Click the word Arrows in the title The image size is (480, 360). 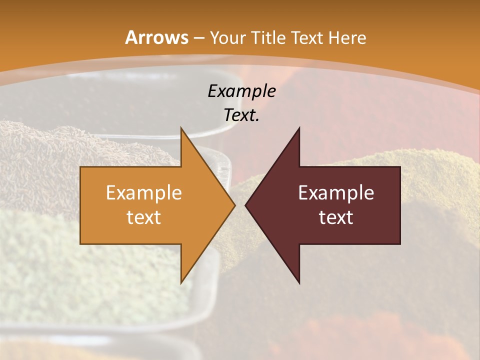point(156,37)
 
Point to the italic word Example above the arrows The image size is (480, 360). point(241,91)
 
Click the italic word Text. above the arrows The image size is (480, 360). point(241,115)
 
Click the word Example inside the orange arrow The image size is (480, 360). point(143,193)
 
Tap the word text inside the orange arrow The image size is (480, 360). point(143,217)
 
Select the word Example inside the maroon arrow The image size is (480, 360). point(336,193)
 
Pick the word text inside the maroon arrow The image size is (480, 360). point(336,217)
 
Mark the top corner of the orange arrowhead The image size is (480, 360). point(181,128)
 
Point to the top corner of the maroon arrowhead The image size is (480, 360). point(299,128)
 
